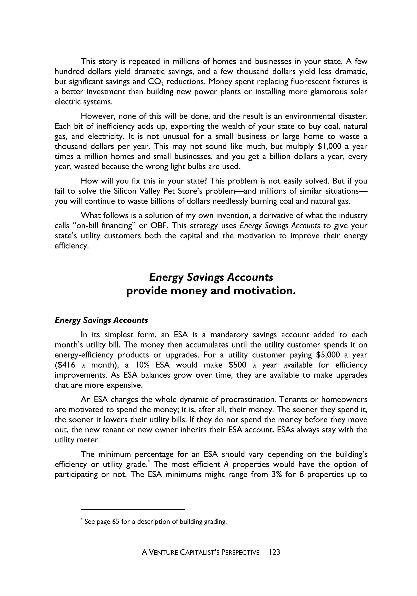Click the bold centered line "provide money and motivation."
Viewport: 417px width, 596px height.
(x=211, y=291)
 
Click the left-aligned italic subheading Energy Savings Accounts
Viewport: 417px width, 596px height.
(x=101, y=320)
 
